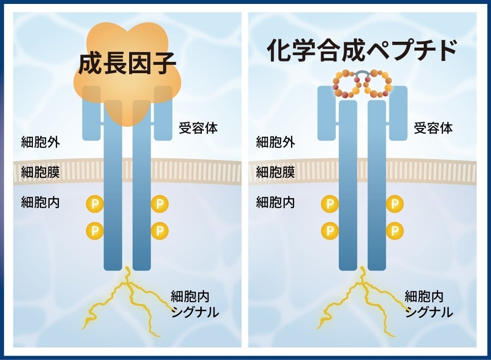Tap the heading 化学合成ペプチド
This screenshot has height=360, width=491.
[x=362, y=50]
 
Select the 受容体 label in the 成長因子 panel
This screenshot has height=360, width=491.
[x=198, y=129]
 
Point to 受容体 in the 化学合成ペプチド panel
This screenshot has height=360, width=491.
[x=433, y=129]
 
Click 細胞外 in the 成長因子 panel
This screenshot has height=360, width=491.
[x=40, y=143]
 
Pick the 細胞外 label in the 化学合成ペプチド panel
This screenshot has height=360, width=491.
[x=275, y=143]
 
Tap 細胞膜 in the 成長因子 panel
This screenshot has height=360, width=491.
[x=40, y=172]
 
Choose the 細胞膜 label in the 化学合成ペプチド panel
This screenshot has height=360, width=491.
[x=275, y=172]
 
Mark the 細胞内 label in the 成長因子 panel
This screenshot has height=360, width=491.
[x=40, y=202]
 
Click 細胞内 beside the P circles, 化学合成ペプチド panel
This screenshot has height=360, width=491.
[x=275, y=202]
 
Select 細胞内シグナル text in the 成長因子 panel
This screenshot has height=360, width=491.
[x=195, y=304]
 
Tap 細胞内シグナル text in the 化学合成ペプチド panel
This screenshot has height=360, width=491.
[x=429, y=304]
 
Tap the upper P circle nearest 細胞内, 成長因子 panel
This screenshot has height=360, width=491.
[x=94, y=203]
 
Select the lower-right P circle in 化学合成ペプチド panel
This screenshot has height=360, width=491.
[x=394, y=229]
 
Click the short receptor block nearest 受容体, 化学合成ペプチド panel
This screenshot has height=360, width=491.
[x=398, y=112]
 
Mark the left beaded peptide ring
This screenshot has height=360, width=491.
[x=347, y=84]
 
